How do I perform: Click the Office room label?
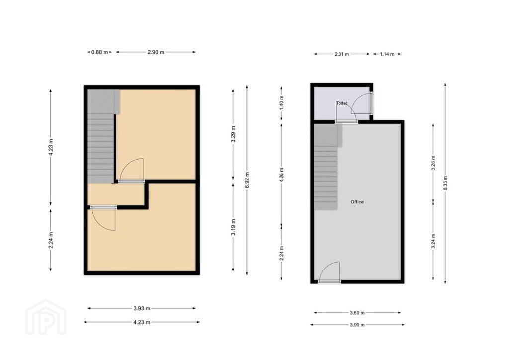[x=357, y=202]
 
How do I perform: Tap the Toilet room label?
[x=341, y=103]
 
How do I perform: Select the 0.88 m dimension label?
[x=99, y=52]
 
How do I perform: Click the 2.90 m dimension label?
[x=156, y=52]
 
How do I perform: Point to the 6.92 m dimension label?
[x=247, y=180]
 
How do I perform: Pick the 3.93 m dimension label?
[x=142, y=308]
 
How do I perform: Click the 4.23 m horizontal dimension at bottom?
[x=142, y=322]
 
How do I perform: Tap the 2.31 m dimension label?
[x=341, y=54]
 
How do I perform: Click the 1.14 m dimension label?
[x=387, y=54]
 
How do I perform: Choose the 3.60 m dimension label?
[x=357, y=313]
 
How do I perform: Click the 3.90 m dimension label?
[x=357, y=325]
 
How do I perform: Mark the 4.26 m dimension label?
[x=281, y=175]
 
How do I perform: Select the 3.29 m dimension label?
[x=233, y=134]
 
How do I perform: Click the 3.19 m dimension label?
[x=233, y=227]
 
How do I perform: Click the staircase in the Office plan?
[x=326, y=167]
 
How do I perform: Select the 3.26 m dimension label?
[x=433, y=163]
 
